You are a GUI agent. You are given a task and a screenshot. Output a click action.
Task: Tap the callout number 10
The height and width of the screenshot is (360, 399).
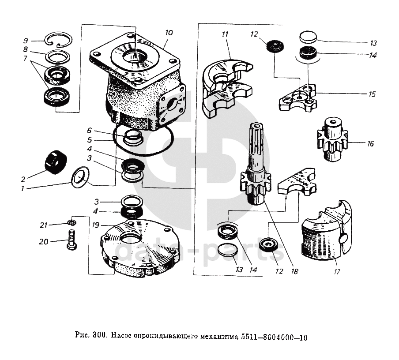tap(169, 33)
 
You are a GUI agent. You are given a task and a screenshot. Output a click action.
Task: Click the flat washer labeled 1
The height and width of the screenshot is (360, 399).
tap(80, 178)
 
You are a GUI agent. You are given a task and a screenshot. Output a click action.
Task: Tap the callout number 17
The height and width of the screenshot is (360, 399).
tap(337, 272)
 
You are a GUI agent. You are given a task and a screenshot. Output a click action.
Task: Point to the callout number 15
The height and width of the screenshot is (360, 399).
tap(372, 94)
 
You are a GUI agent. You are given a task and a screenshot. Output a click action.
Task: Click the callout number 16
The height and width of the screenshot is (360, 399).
tap(370, 144)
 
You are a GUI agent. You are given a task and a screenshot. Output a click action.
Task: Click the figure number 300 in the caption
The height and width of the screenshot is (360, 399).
tap(99, 337)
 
